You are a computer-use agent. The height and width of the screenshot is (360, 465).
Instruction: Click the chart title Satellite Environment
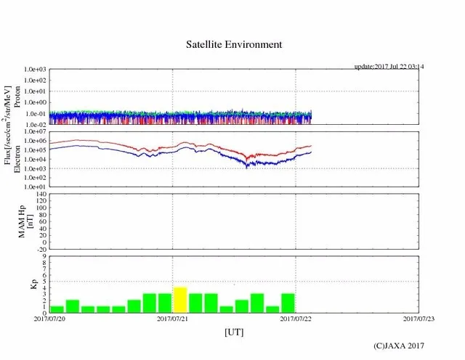(x=232, y=44)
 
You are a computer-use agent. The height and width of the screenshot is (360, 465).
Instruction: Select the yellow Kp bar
(x=180, y=300)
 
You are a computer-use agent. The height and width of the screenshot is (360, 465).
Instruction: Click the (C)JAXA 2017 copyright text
(x=399, y=346)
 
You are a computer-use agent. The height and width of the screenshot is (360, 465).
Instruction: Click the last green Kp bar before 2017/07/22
(x=288, y=303)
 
